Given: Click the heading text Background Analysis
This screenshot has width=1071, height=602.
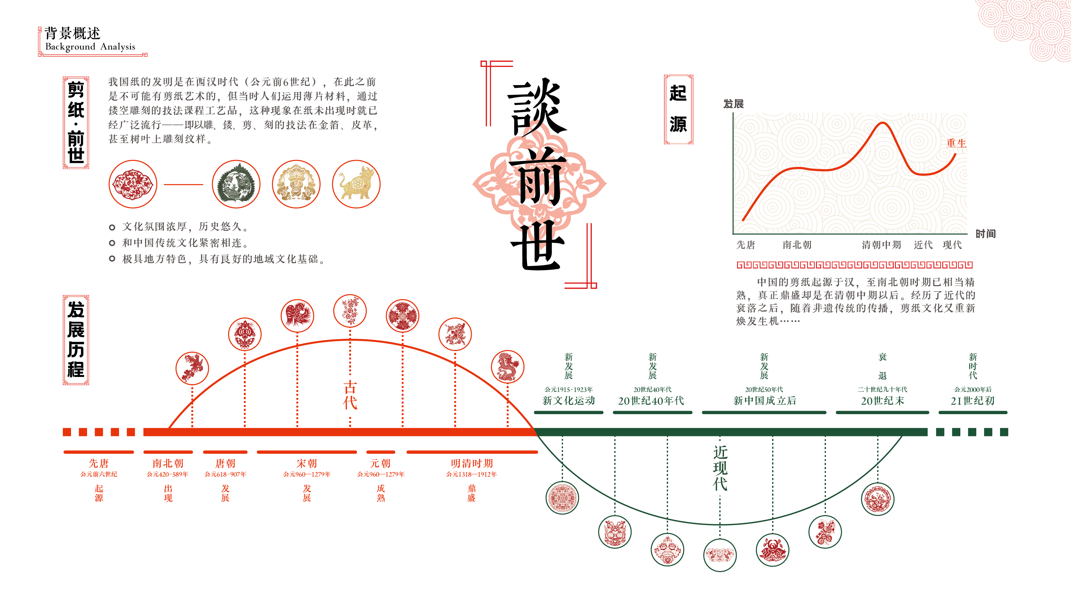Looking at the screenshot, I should point(90,47).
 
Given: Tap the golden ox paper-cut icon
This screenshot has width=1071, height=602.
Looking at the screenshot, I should point(356,184).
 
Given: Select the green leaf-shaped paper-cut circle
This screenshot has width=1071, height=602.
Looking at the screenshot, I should point(236,184).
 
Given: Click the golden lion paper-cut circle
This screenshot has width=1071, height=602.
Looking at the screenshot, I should point(296,184).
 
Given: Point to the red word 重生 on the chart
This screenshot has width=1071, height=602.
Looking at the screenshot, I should point(956,143).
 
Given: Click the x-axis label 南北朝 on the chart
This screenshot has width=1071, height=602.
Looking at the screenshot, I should point(797,245).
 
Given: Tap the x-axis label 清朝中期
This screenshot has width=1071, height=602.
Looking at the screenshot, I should point(881,245).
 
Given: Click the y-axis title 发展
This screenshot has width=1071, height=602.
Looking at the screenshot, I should point(733,104).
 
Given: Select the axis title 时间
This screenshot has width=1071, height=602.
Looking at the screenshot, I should point(985,234).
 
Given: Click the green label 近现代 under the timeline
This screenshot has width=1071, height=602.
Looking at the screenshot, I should point(720,468).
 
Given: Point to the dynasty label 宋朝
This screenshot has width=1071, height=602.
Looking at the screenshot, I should point(307,463).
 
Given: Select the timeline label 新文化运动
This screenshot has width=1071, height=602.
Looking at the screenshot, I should point(568,400).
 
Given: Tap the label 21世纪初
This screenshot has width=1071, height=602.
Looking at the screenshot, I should point(973,401).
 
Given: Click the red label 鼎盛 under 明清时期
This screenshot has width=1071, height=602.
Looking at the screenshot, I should point(471,493).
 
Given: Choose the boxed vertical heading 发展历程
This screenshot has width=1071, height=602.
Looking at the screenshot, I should point(76,340).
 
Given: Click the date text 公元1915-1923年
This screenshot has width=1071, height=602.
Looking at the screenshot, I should point(568,389).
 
